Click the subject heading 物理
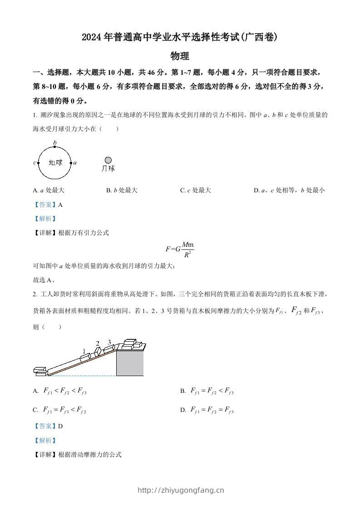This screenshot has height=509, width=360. (179, 56)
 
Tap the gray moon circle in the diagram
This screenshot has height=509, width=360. (108, 160)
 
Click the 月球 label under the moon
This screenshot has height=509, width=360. (108, 169)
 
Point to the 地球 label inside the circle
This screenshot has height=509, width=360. (55, 162)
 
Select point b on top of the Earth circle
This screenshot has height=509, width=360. (55, 147)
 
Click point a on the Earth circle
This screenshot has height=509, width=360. (71, 162)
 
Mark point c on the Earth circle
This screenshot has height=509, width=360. (38, 162)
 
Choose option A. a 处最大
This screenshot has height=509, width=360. (49, 191)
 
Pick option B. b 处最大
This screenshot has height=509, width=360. (122, 191)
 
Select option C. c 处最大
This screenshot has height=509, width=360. (195, 191)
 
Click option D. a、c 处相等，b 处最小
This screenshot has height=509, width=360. (289, 191)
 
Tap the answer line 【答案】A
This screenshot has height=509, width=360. (48, 205)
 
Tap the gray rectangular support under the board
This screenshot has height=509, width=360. (130, 362)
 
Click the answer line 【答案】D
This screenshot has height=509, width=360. (48, 426)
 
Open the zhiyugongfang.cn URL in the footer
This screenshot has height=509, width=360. (180, 490)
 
